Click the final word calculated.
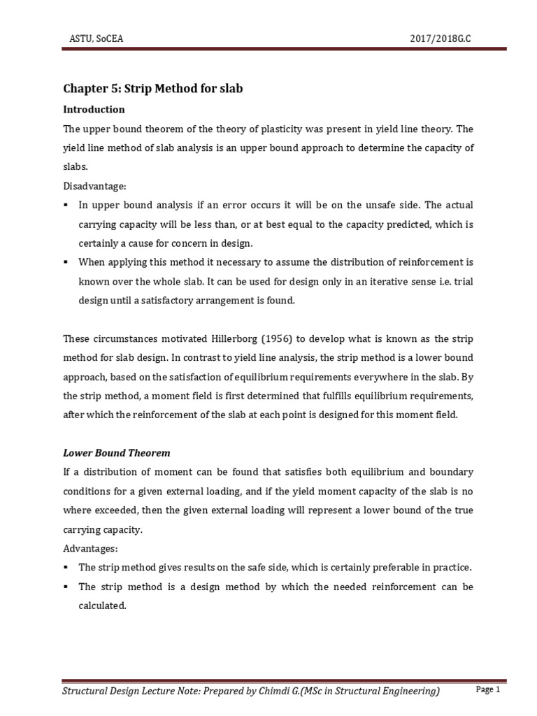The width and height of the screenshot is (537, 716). click(x=102, y=606)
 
